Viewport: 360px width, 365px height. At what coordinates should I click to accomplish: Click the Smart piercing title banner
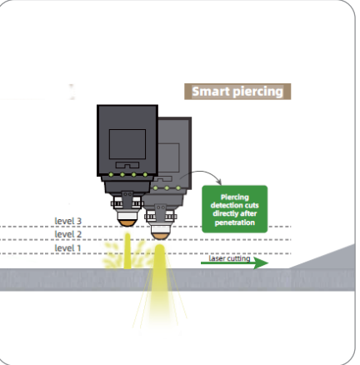click(x=237, y=92)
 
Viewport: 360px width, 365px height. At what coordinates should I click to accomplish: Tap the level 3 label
click(x=68, y=221)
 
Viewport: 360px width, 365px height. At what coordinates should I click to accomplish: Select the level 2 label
click(x=68, y=234)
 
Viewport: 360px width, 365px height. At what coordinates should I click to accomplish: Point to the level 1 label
click(x=67, y=248)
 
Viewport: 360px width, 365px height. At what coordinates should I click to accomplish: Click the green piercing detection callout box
click(x=235, y=209)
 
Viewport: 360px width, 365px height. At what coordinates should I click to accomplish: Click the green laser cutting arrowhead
click(x=261, y=262)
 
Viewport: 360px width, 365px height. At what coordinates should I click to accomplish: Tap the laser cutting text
click(x=229, y=258)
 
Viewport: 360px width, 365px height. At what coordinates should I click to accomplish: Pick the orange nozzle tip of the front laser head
click(x=127, y=223)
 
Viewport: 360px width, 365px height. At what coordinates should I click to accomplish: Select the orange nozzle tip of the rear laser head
click(x=160, y=236)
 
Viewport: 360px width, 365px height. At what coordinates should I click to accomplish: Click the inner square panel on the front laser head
click(x=127, y=144)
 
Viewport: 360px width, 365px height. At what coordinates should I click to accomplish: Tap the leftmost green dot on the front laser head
click(x=111, y=175)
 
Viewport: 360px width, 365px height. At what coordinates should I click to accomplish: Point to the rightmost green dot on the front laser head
click(x=145, y=175)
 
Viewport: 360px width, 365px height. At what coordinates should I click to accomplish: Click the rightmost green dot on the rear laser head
click(x=178, y=188)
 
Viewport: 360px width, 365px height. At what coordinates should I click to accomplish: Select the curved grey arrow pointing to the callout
click(x=202, y=172)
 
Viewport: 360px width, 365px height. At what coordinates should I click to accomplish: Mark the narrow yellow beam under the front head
click(x=127, y=251)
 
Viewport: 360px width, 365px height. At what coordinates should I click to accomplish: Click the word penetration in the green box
click(x=235, y=222)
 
